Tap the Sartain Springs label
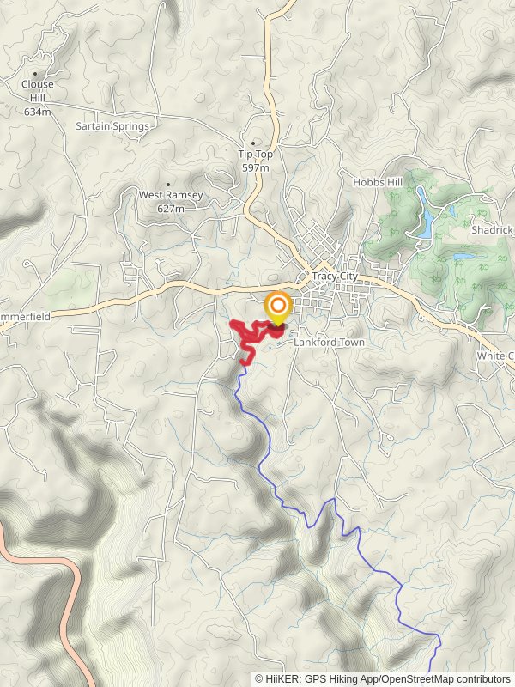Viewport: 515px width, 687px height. (x=112, y=126)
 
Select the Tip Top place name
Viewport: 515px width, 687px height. (x=254, y=155)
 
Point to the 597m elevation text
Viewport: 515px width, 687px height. (x=254, y=167)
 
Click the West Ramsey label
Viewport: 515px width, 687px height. (x=171, y=195)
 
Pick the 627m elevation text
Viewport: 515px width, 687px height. (x=171, y=208)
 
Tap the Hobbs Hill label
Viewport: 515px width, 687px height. (x=378, y=182)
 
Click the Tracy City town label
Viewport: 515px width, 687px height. (x=335, y=277)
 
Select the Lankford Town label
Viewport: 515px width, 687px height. (x=329, y=343)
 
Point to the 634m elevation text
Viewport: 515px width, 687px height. (x=38, y=112)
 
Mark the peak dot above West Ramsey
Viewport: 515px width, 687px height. (x=168, y=184)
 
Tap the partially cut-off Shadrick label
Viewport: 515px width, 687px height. (x=492, y=230)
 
